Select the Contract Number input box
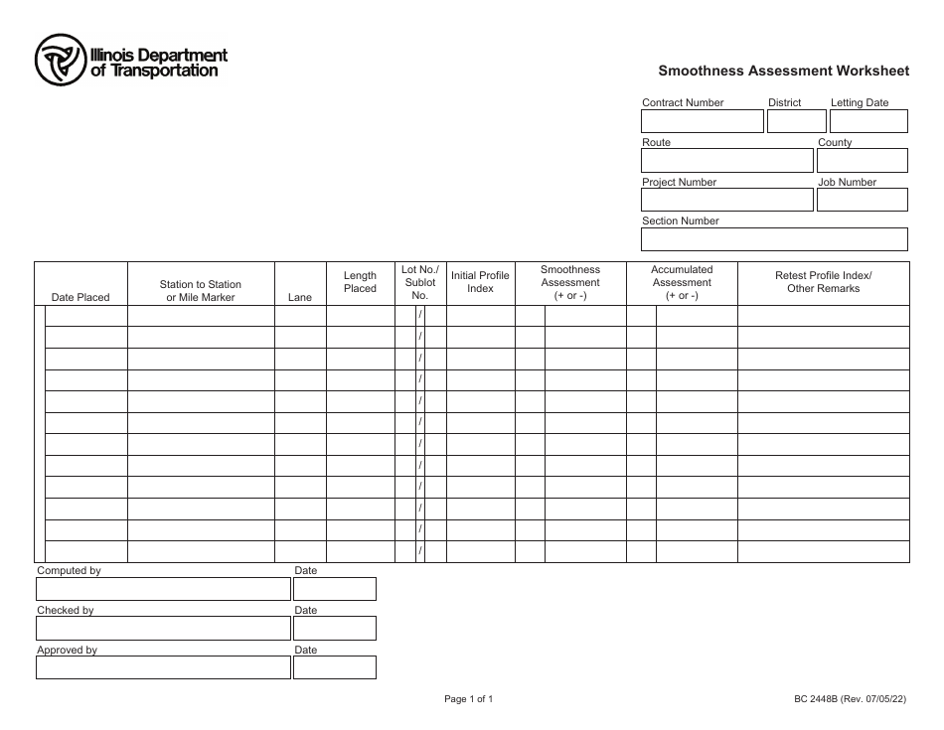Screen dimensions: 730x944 (x=702, y=121)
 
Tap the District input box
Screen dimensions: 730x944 (x=797, y=121)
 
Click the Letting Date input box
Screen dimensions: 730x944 (x=869, y=121)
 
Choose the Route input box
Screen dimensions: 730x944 (x=726, y=161)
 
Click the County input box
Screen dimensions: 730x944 (x=863, y=161)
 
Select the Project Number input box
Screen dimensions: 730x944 (x=726, y=200)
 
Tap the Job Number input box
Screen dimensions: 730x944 (x=863, y=200)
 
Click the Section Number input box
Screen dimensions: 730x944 (x=774, y=239)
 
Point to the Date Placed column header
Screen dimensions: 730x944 (x=80, y=297)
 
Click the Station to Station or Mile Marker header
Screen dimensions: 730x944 (x=201, y=290)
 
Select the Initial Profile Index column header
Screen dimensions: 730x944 (x=480, y=282)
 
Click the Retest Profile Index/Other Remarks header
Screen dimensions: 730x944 (x=823, y=282)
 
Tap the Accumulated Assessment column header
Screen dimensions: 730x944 (x=682, y=282)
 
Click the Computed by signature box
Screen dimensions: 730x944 (x=163, y=589)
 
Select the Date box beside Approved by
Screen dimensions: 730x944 (x=334, y=667)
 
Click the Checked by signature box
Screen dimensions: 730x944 (x=163, y=629)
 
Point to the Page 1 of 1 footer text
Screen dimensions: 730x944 (x=468, y=699)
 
